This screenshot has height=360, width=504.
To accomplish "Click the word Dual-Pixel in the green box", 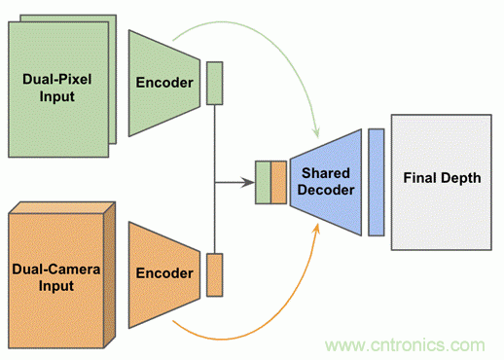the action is (x=57, y=79).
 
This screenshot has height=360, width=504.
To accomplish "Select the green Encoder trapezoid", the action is (x=164, y=83).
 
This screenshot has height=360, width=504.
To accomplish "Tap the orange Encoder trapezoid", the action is (x=164, y=274).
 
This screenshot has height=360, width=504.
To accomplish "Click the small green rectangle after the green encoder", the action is (x=215, y=83).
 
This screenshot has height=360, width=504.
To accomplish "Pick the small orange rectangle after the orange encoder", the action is (x=215, y=274).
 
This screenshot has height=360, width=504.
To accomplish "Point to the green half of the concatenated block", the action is (x=263, y=182).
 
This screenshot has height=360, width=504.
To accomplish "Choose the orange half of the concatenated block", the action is (x=278, y=182).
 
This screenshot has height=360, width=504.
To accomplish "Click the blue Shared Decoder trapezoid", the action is (x=326, y=182).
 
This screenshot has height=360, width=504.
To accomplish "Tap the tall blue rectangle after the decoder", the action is (x=377, y=182).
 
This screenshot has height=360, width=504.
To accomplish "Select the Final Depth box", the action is (x=442, y=182).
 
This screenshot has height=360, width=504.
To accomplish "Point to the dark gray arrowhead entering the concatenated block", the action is (x=249, y=182).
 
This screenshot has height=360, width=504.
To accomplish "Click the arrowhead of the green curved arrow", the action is (x=316, y=133).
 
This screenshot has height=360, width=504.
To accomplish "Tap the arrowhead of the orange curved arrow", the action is (x=316, y=229).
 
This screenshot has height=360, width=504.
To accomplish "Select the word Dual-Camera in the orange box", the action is (x=56, y=270).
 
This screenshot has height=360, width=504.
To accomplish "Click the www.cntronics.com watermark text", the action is (x=405, y=345).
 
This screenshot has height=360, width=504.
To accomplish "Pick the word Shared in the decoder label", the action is (x=326, y=173).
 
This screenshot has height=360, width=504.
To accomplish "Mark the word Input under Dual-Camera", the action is (x=56, y=286).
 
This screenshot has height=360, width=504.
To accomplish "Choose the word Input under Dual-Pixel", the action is (x=57, y=96).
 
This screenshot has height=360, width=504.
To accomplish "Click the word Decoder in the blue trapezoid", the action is (x=326, y=190).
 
